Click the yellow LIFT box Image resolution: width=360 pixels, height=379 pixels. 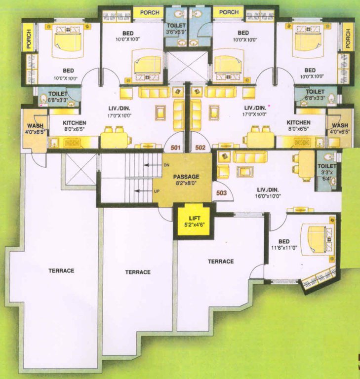coord(193,223)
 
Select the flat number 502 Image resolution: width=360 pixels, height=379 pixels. coord(200,147)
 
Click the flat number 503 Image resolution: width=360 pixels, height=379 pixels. coord(221,193)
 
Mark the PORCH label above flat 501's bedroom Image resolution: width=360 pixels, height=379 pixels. coord(149,12)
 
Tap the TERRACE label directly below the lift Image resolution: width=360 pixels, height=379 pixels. coord(221,261)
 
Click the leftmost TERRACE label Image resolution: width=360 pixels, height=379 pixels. coord(61,270)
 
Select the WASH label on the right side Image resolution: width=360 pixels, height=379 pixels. coord(340,126)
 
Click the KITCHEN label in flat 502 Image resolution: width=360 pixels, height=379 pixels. coord(299,122)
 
